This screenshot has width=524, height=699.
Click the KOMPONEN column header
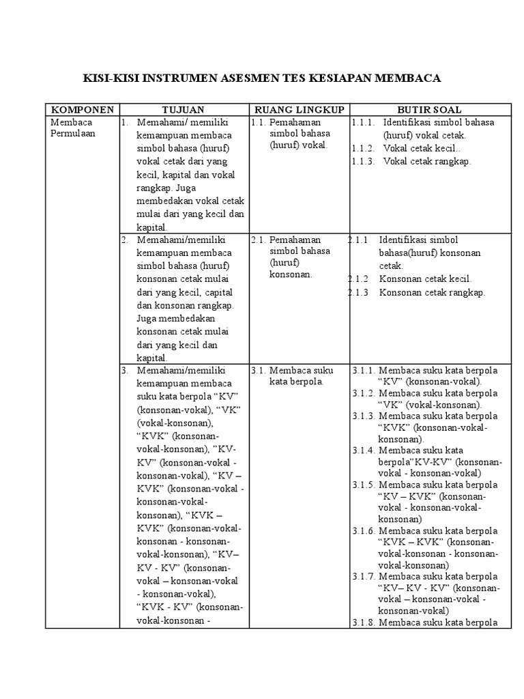click(x=81, y=109)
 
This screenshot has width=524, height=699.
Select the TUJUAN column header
click(x=183, y=109)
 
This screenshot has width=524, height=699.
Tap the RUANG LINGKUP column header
click(x=299, y=109)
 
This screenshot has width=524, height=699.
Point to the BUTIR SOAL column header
click(x=430, y=109)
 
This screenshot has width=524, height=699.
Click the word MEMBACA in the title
click(x=407, y=79)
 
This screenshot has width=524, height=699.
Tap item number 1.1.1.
click(x=364, y=122)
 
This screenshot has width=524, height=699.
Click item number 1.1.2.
click(x=364, y=148)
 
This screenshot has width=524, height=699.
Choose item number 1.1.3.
click(x=364, y=161)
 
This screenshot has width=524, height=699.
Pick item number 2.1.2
click(x=359, y=279)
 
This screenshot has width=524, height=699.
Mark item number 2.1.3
click(x=359, y=292)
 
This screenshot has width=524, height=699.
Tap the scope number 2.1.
click(x=258, y=240)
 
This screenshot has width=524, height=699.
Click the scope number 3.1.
click(x=258, y=370)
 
